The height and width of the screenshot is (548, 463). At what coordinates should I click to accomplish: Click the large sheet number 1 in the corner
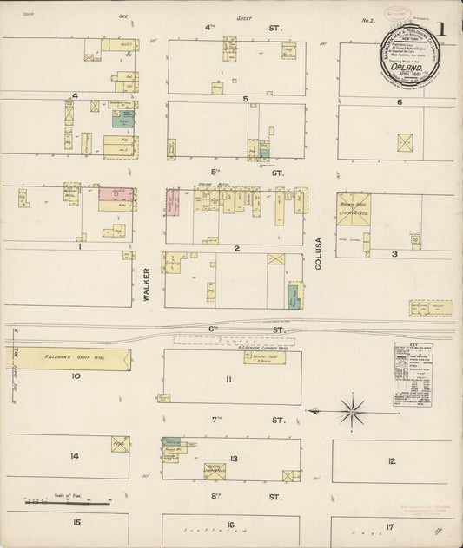click(x=442, y=29)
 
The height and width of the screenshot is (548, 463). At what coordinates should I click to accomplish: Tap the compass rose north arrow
click(x=353, y=410)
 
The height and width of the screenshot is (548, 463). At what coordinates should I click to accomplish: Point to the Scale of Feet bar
click(x=67, y=501)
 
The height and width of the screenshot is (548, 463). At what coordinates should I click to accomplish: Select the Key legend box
click(x=412, y=375)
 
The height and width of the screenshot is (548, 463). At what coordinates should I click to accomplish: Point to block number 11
click(x=228, y=380)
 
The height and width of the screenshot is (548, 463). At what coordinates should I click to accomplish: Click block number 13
click(x=234, y=459)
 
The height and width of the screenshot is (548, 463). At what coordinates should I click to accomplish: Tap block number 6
click(x=400, y=102)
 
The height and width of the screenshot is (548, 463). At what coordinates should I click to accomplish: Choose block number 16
click(x=230, y=525)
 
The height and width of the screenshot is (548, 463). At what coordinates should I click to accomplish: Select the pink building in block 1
click(x=116, y=194)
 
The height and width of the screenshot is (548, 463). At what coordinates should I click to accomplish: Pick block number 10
click(x=76, y=376)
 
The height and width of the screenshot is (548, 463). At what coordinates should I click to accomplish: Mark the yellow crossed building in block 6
click(x=405, y=142)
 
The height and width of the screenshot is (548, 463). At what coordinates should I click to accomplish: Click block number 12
click(x=392, y=460)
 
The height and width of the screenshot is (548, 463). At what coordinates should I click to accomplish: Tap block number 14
click(x=75, y=456)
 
